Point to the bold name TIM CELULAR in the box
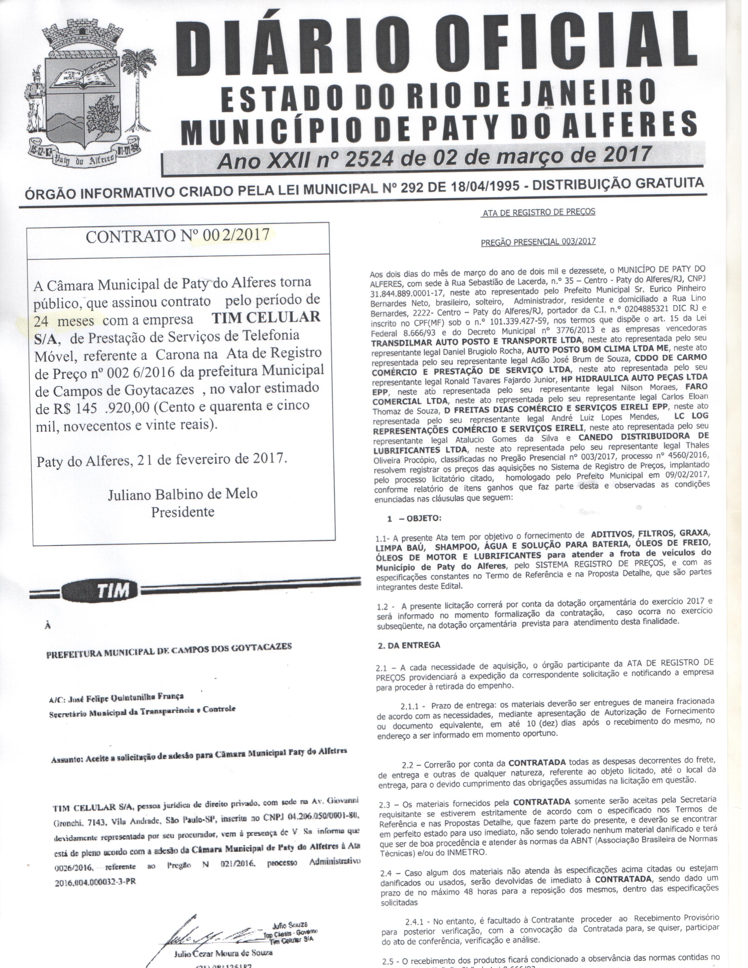266,317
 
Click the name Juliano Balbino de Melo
182,494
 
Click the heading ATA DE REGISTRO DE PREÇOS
538,212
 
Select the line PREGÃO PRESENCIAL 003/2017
538,241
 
